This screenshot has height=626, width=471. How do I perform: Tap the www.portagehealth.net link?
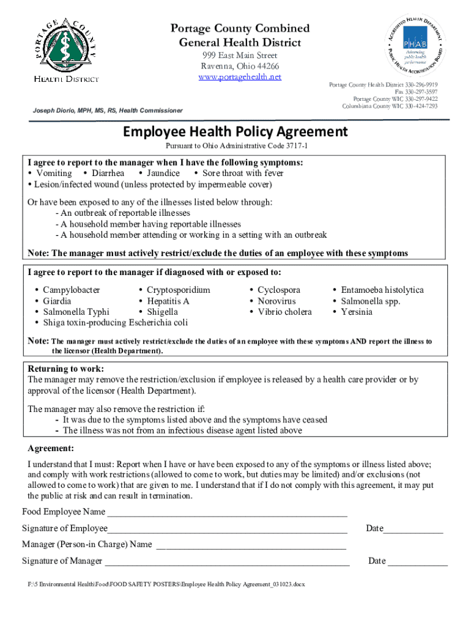pos(240,77)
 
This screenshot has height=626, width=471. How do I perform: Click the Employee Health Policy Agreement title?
pos(236,131)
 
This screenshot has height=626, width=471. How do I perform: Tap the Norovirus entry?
pos(276,301)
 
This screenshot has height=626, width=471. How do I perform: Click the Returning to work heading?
pos(66,369)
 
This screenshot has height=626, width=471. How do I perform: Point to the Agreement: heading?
pos(51,447)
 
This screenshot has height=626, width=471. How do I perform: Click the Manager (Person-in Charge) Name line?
pos(251,545)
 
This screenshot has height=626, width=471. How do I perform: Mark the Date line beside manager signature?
pos(417,562)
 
